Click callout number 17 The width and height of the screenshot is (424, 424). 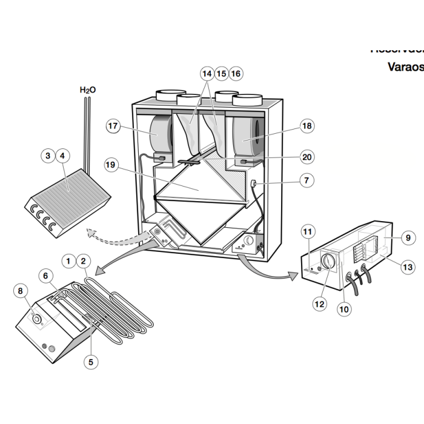click(x=113, y=126)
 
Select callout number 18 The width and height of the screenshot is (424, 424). click(x=306, y=126)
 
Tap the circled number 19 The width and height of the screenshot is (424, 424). click(x=110, y=164)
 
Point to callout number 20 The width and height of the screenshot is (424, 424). click(x=307, y=157)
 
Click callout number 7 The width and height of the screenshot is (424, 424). click(x=307, y=180)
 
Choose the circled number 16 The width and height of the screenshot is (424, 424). click(x=236, y=73)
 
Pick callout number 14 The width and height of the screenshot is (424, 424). click(x=207, y=73)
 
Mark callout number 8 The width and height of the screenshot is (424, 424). click(x=21, y=291)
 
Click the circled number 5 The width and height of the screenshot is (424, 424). click(x=90, y=362)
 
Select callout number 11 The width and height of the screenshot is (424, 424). click(x=308, y=232)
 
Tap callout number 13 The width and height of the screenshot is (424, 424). click(x=408, y=266)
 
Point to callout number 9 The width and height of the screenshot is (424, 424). click(x=408, y=238)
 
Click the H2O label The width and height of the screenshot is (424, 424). click(x=88, y=90)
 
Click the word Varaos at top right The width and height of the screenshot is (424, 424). click(x=405, y=67)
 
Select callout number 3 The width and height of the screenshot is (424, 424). click(x=48, y=156)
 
